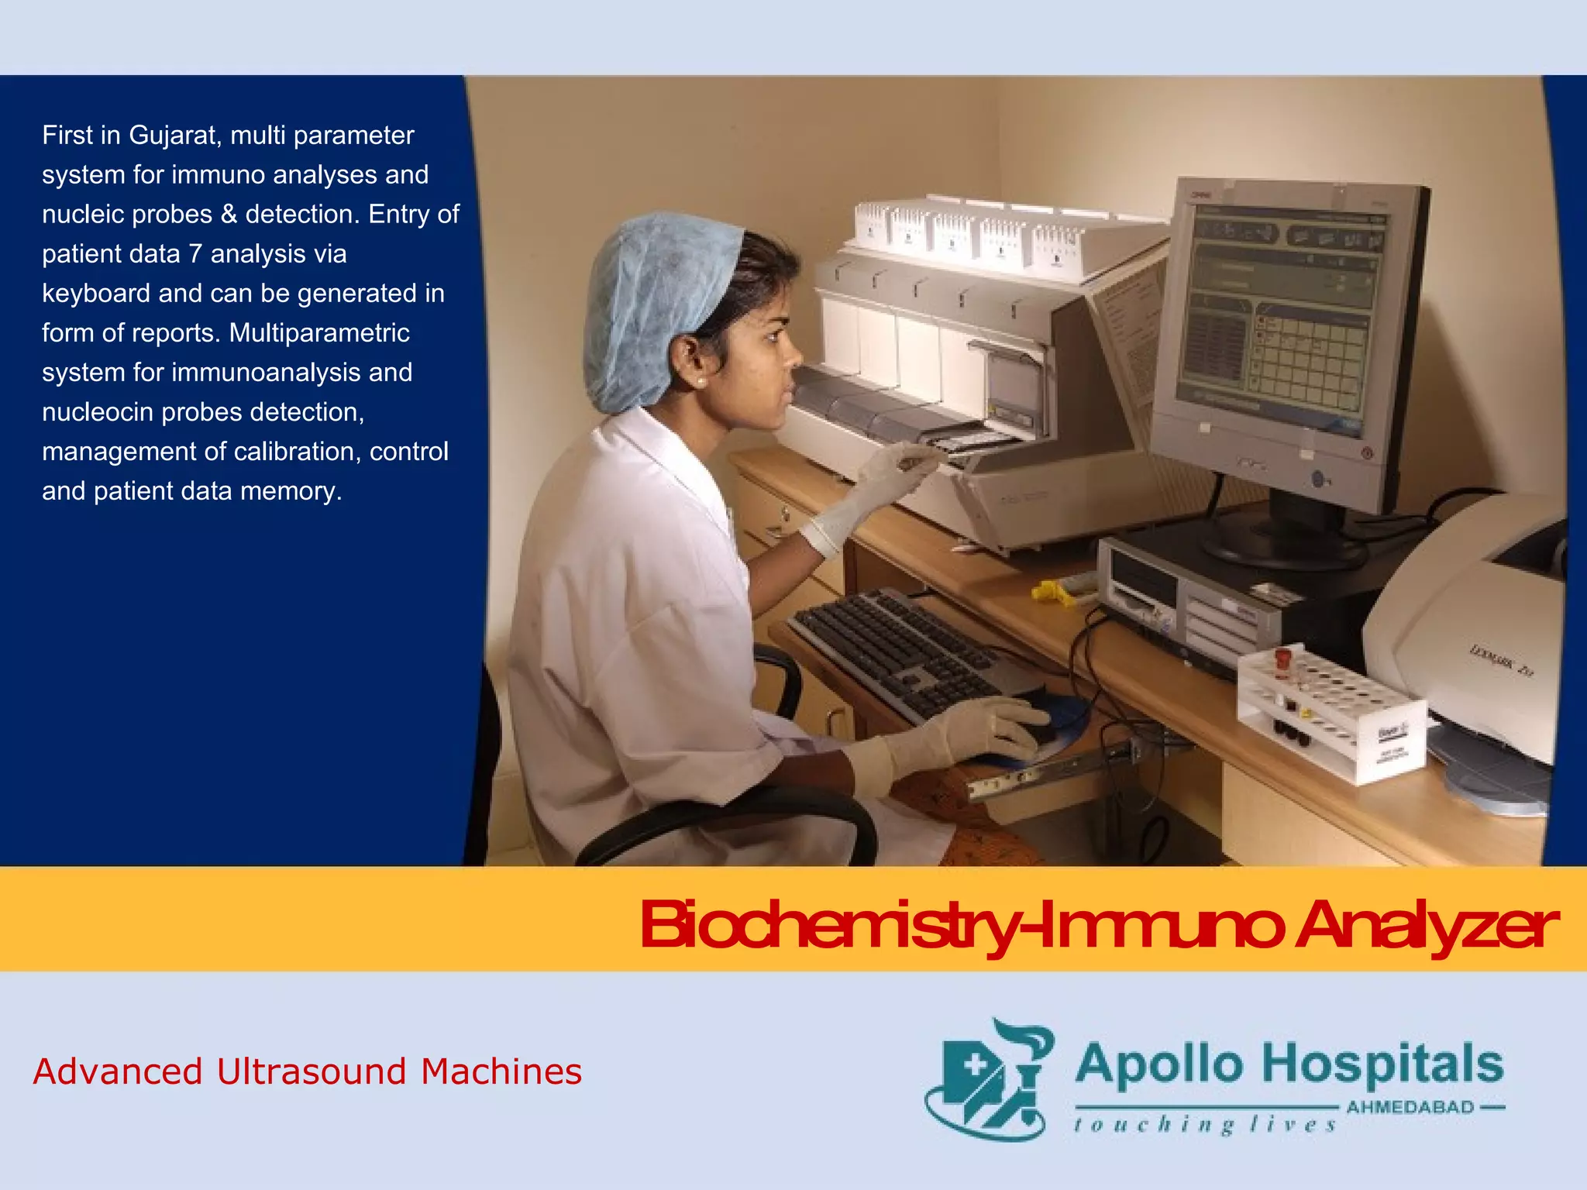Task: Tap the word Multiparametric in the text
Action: click(x=319, y=334)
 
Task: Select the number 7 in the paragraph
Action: click(x=195, y=255)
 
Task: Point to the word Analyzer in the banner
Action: click(x=1426, y=925)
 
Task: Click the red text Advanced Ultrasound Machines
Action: click(x=308, y=1072)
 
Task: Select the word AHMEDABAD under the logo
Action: click(x=1410, y=1107)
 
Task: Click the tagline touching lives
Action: click(x=1205, y=1125)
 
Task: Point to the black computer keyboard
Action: click(x=899, y=651)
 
